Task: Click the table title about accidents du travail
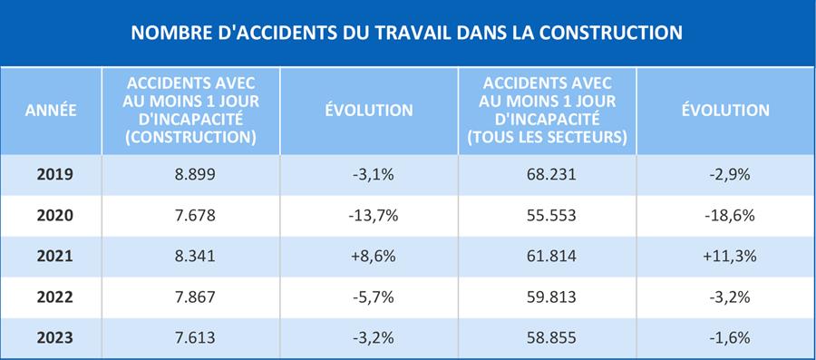pyautogui.click(x=406, y=33)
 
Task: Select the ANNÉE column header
pyautogui.click(x=51, y=111)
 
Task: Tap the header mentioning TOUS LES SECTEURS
pyautogui.click(x=547, y=111)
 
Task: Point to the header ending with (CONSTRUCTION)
pyautogui.click(x=191, y=111)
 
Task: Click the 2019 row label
pyautogui.click(x=54, y=174)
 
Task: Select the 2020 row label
pyautogui.click(x=54, y=216)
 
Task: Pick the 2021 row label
pyautogui.click(x=54, y=256)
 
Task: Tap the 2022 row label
pyautogui.click(x=54, y=297)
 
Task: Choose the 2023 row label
pyautogui.click(x=54, y=337)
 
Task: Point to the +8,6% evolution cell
pyautogui.click(x=369, y=256)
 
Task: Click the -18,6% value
pyautogui.click(x=730, y=216)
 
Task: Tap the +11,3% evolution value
pyautogui.click(x=730, y=256)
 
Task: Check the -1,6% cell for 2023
pyautogui.click(x=730, y=337)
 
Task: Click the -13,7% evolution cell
pyautogui.click(x=374, y=216)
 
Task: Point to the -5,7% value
pyautogui.click(x=374, y=297)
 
